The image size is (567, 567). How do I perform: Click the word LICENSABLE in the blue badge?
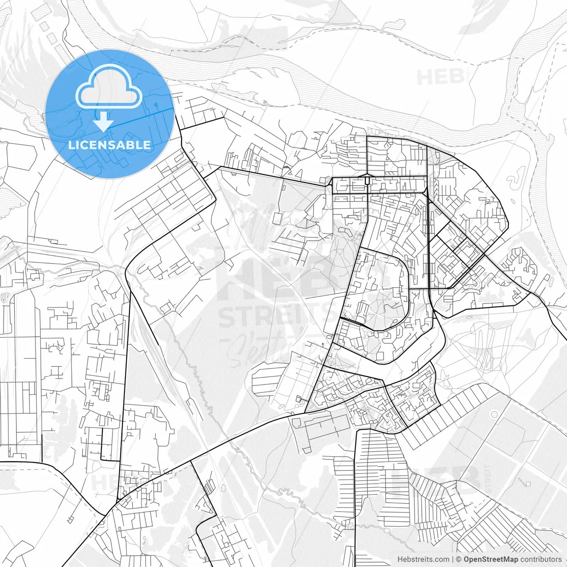(109, 145)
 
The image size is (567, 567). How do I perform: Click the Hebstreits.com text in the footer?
(423, 559)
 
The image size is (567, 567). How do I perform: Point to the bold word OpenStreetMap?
(490, 559)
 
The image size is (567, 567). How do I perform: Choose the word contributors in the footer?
(540, 559)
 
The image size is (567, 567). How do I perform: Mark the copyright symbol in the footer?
(459, 559)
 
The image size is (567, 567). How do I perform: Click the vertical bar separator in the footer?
(453, 559)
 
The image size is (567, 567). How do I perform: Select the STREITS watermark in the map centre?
(277, 315)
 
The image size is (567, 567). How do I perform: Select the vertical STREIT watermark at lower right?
(488, 478)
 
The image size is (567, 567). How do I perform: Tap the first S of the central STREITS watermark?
(228, 315)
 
